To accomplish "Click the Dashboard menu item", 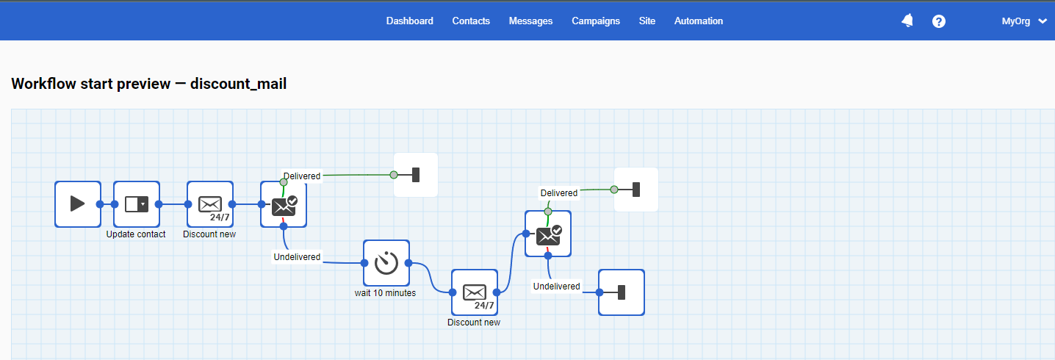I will tap(409, 21).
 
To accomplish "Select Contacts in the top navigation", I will tap(471, 21).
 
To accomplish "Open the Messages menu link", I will tap(530, 21).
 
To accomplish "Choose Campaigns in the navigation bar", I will tap(596, 21).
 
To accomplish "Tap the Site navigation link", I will tap(647, 21).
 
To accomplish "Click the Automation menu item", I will tap(699, 21).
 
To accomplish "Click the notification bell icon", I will tap(907, 21).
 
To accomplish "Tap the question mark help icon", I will tap(939, 21).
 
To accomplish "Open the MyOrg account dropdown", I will tap(1024, 21).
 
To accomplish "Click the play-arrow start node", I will tap(78, 204).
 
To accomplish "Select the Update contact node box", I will tap(137, 204).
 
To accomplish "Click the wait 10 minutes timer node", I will tap(386, 263).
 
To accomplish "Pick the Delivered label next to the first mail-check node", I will tap(302, 176).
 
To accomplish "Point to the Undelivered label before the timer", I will tap(297, 257).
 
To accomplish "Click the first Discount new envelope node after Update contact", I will tap(210, 204).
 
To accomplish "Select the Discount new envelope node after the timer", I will tap(475, 292).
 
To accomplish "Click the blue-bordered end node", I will tap(622, 292).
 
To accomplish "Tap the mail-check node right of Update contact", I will tap(284, 204).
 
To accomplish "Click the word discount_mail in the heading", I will tap(238, 84).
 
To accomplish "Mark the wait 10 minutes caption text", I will tap(385, 293).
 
